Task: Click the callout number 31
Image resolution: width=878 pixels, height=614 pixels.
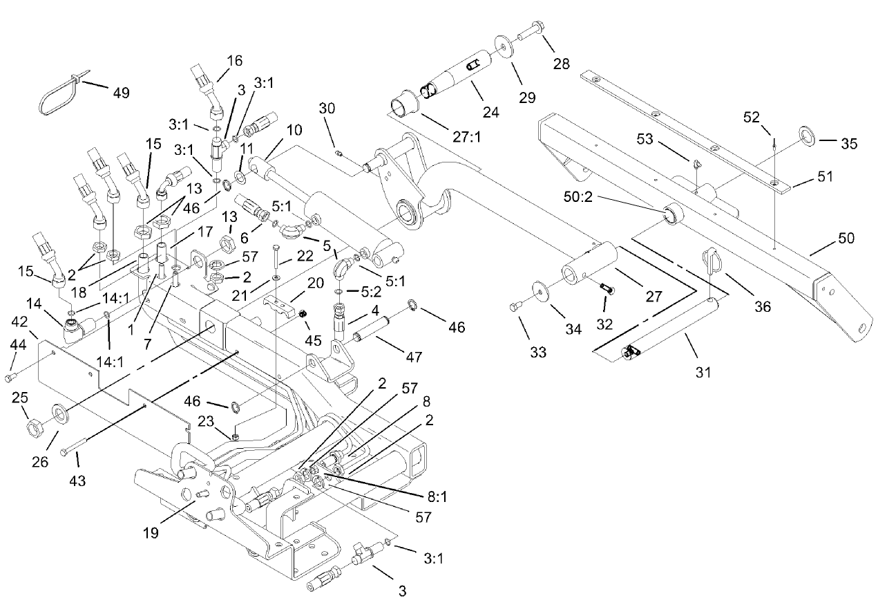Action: coord(703,373)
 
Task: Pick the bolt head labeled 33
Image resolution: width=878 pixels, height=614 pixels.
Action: coord(514,306)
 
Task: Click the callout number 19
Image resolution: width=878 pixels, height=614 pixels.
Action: coord(151,533)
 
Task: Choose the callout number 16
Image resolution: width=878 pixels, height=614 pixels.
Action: coord(234,61)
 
